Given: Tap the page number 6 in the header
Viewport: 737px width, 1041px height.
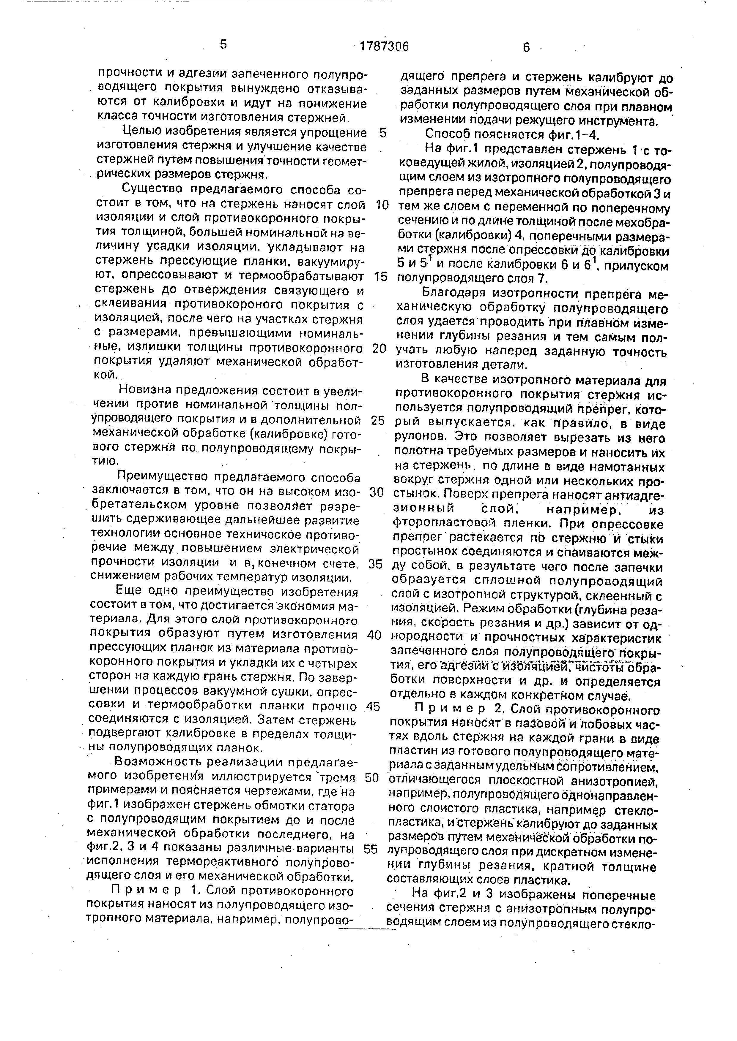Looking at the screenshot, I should [x=526, y=47].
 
